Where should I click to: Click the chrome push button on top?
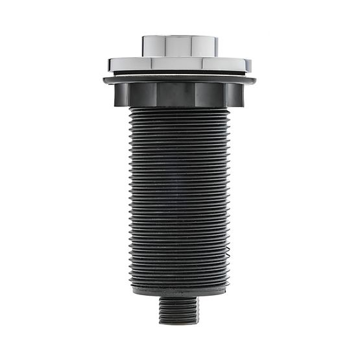tap(180, 45)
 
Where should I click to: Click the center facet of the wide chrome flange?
tap(180, 64)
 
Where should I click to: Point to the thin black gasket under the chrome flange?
tap(180, 73)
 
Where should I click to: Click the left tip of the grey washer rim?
tap(104, 80)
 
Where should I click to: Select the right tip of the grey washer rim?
tap(254, 80)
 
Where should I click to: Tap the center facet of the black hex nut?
tap(176, 95)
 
